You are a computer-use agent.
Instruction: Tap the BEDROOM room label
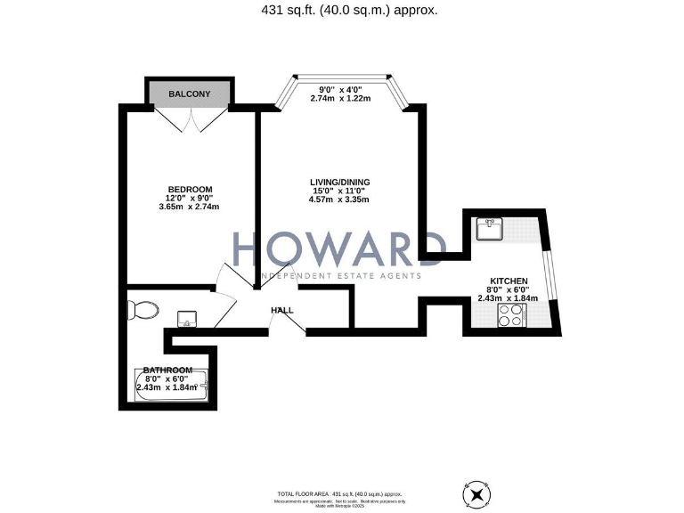tap(190, 189)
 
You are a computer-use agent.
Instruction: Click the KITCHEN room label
tap(508, 281)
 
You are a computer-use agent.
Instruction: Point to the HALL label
tap(282, 310)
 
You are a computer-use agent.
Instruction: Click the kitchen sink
tap(490, 229)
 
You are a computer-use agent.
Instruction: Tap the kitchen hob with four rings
tap(510, 314)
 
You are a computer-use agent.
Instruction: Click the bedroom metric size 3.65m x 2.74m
tap(188, 207)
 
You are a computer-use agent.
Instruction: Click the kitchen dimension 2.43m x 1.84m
tap(508, 298)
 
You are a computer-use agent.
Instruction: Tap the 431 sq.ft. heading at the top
tap(341, 11)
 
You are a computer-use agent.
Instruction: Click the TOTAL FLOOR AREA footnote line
tap(342, 493)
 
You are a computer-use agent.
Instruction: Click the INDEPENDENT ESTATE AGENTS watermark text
tap(341, 275)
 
